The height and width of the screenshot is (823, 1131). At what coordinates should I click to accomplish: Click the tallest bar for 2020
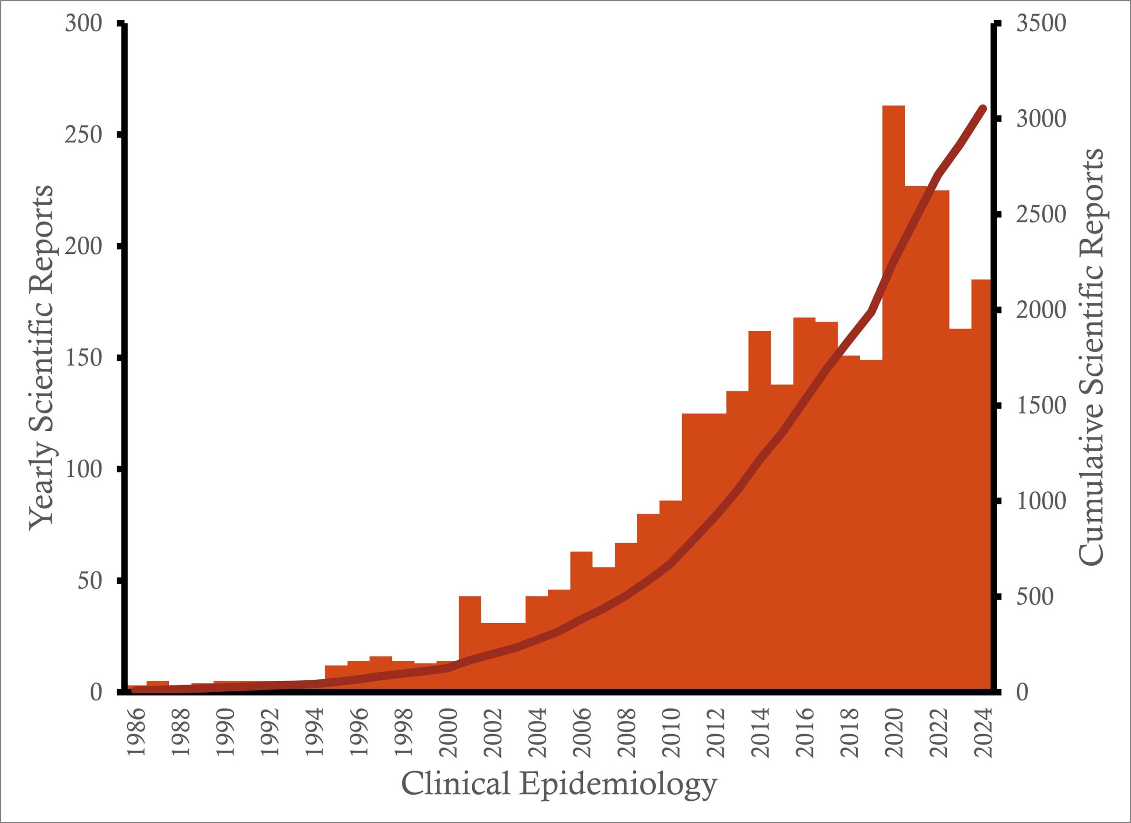(893, 399)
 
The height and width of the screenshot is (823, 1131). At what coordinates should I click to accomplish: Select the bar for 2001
(470, 644)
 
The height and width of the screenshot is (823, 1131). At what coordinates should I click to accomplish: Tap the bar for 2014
(759, 509)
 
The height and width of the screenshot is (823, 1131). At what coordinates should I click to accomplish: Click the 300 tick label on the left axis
(83, 23)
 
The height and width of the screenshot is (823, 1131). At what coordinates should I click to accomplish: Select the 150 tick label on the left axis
(83, 358)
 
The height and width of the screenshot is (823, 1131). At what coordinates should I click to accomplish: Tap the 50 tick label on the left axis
(90, 581)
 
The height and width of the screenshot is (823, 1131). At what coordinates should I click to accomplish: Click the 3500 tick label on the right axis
(1041, 23)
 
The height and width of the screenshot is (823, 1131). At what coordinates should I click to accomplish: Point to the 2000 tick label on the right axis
(1041, 310)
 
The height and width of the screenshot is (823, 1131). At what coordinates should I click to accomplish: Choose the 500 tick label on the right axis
(1034, 597)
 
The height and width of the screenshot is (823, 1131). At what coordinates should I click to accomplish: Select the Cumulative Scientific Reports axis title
(1091, 357)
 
